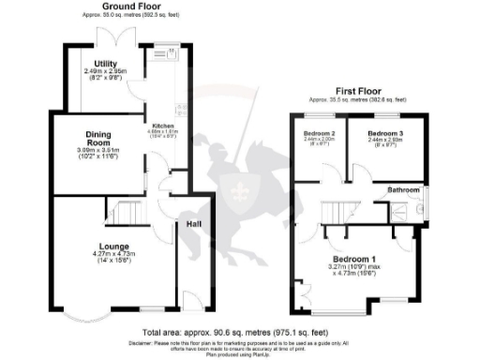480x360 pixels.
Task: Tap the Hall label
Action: pos(194,225)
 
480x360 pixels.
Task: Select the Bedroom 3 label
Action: pos(384,134)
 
